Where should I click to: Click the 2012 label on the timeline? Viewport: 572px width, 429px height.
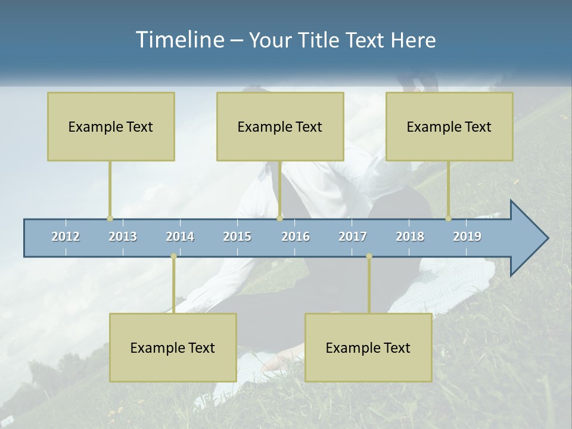click(66, 237)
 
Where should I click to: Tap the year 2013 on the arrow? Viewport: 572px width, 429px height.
click(123, 237)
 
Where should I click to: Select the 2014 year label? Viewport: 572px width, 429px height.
click(180, 237)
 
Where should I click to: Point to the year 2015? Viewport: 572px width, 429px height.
click(237, 237)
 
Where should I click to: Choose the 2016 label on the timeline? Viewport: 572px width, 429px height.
click(296, 237)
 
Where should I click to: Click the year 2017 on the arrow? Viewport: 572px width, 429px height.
click(353, 237)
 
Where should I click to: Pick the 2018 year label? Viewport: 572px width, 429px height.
click(410, 237)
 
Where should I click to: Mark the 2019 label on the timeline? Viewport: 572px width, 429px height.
click(467, 237)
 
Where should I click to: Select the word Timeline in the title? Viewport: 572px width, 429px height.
click(179, 40)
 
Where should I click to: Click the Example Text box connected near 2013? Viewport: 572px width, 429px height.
click(111, 126)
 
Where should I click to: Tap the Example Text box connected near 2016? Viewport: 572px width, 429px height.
click(280, 126)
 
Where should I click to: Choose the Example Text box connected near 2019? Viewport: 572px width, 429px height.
click(449, 126)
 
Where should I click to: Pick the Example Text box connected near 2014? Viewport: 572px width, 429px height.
click(173, 347)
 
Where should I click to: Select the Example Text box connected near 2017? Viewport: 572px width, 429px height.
click(368, 347)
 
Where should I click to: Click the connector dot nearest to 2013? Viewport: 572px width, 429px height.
click(110, 219)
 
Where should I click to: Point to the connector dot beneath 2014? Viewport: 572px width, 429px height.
click(173, 256)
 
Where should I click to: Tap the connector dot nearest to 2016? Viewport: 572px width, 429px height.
click(280, 219)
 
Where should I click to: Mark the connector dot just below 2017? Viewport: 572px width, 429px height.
click(369, 256)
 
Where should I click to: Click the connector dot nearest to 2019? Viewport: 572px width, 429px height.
click(448, 219)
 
